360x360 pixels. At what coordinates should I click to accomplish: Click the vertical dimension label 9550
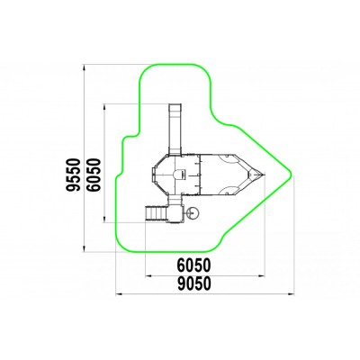[74, 175]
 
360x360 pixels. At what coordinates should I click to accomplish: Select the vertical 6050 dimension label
[94, 175]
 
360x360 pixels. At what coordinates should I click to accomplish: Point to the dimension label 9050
[193, 284]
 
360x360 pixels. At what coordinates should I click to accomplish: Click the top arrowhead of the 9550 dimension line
[85, 67]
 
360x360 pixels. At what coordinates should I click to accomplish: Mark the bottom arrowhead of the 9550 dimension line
[85, 248]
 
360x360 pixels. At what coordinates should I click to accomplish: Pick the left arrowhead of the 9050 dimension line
[120, 294]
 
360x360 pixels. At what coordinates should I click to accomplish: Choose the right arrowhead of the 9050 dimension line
[291, 294]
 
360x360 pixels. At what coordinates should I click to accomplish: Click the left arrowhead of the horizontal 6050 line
[149, 275]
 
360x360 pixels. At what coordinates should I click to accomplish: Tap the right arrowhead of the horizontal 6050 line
[262, 275]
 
